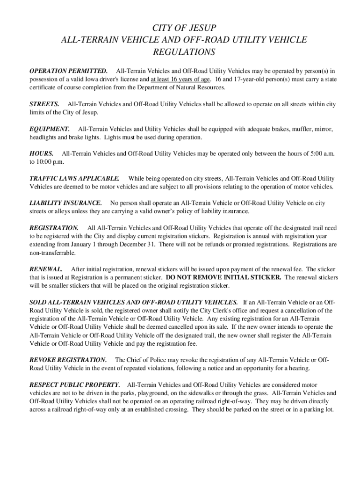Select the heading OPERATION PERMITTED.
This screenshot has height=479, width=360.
[68, 71]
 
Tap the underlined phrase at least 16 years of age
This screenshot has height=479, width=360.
[180, 79]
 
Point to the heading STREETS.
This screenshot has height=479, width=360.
[44, 104]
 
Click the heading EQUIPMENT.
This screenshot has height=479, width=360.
[50, 129]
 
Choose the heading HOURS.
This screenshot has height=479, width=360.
[41, 153]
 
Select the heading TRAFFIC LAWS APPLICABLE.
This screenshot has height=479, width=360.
[74, 178]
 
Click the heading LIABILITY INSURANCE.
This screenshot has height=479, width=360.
[65, 203]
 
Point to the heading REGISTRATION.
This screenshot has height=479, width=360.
[54, 228]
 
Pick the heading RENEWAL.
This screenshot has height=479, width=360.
[46, 269]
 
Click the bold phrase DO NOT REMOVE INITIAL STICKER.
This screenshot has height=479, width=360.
[223, 277]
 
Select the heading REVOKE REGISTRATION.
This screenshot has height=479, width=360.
[68, 360]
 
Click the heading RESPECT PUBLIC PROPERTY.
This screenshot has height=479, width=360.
[74, 385]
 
